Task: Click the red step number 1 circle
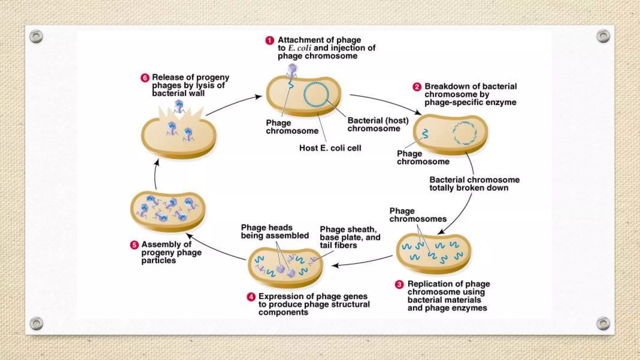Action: pos(270,41)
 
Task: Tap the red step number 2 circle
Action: pos(417,87)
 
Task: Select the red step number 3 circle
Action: pos(399,284)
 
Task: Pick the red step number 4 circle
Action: pos(251,297)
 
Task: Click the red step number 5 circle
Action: pos(134,245)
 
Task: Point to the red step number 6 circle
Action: pos(145,78)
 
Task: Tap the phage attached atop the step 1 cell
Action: pos(292,71)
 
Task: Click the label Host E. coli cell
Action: pos(330,148)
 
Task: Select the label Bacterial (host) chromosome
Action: pos(378,124)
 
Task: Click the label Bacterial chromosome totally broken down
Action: pos(474,184)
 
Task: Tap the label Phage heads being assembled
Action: pos(275,232)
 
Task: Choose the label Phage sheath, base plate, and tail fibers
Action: pos(350,237)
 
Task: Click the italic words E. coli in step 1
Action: pos(299,48)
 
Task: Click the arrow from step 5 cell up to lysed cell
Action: pos(155,175)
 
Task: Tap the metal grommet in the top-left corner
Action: pos(36,37)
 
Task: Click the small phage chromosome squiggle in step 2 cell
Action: pos(425,134)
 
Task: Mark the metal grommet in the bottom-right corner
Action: pos(603,323)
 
